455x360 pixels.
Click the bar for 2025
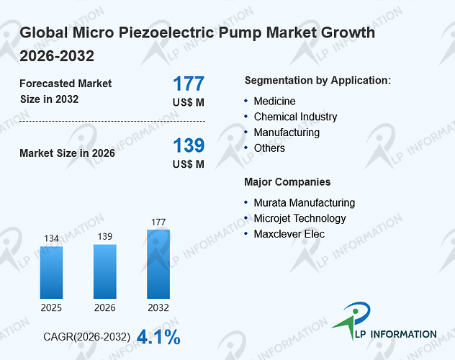[x=51, y=272]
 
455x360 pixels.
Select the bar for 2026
[x=105, y=271]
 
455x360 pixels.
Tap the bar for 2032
[x=158, y=264]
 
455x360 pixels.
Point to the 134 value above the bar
[x=51, y=238]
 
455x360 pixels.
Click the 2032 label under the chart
[x=158, y=307]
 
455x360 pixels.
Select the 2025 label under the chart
[x=51, y=307]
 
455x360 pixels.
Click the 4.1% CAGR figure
[x=158, y=337]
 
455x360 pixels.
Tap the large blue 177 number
[x=189, y=84]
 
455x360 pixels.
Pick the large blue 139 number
[x=189, y=145]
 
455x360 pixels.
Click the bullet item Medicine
[x=274, y=102]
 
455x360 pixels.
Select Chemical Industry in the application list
[x=295, y=117]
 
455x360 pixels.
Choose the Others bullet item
[x=269, y=148]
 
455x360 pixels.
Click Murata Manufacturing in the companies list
[x=305, y=203]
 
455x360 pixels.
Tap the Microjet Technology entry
[x=299, y=218]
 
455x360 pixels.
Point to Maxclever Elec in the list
[x=289, y=234]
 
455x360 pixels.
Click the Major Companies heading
[x=287, y=182]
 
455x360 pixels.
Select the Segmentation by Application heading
[x=317, y=81]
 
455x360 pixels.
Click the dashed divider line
[x=112, y=121]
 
